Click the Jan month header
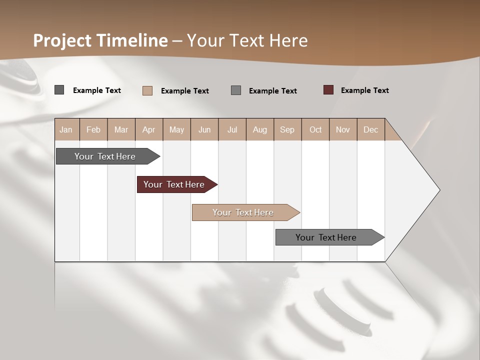coord(66,129)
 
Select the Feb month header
coord(93,129)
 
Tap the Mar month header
coord(121,129)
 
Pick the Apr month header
coord(149,129)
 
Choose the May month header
coord(176,129)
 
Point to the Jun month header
coord(204,129)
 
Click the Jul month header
coord(232,129)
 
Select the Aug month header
coord(260,129)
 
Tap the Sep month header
coord(287,129)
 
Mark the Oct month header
coord(315,129)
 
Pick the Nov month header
coord(343,129)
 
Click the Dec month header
coord(371,129)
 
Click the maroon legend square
coord(328,90)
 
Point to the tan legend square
coord(147,90)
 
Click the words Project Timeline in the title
coord(100,40)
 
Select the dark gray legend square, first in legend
coord(59,90)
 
